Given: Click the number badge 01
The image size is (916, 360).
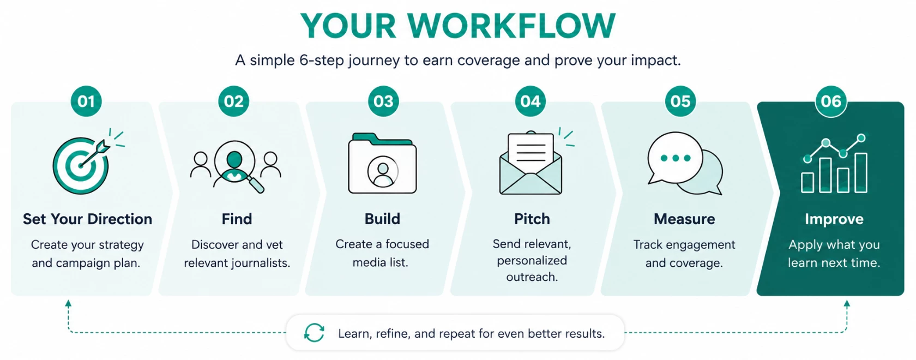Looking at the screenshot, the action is click(x=86, y=101).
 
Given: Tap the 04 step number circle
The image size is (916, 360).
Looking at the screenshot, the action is click(x=531, y=101).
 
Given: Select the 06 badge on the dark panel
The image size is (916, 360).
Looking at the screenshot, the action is click(x=831, y=101).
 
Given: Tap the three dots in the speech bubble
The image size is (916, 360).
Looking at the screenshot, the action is click(x=676, y=158).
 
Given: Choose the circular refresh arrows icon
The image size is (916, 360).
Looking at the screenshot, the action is click(x=314, y=332).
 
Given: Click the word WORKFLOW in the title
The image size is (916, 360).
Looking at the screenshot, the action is click(x=511, y=26).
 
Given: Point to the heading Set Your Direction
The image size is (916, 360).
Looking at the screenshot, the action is click(x=87, y=219).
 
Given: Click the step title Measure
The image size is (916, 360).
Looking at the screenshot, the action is click(x=684, y=219).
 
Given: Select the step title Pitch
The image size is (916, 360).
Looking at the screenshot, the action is click(x=532, y=219).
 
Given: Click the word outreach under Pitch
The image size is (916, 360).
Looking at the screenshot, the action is click(x=532, y=277).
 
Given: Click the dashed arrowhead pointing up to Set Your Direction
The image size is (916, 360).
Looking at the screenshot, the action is click(x=68, y=303).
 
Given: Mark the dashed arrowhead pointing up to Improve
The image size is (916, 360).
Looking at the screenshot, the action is click(x=847, y=303).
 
